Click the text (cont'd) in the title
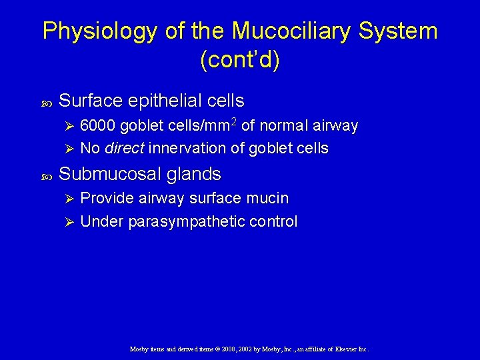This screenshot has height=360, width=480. pos(240,60)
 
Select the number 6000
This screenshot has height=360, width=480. pos(98,126)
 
